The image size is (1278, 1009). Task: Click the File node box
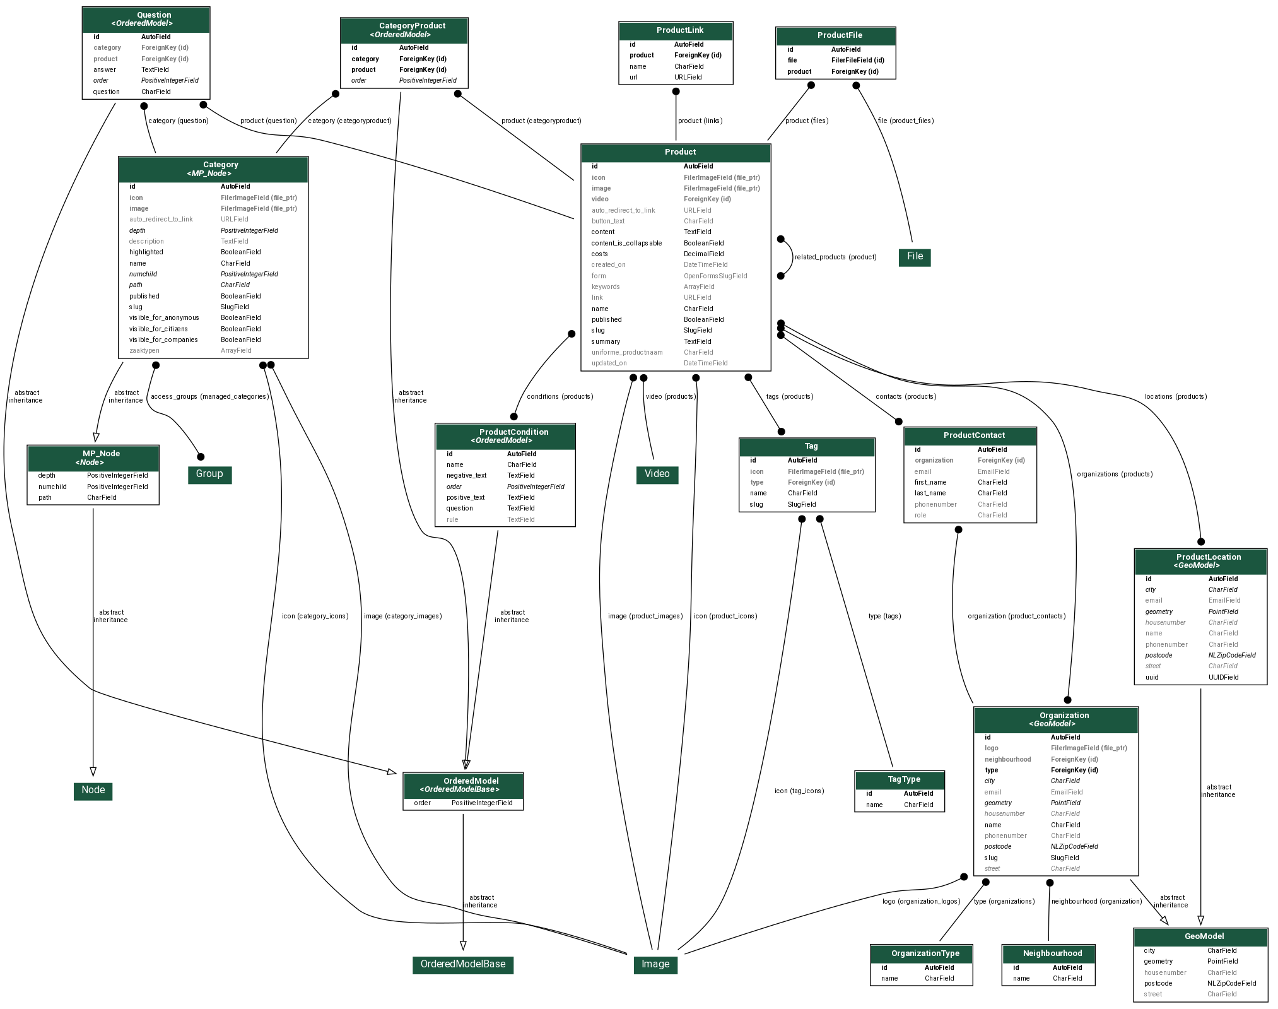[x=914, y=257]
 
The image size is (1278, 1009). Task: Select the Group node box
[x=209, y=475]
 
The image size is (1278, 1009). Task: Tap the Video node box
[x=657, y=475]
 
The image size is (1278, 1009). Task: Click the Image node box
[x=655, y=964]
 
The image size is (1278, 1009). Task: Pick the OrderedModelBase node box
[x=462, y=964]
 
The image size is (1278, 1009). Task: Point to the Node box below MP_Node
[x=93, y=791]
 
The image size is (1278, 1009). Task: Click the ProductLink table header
[x=676, y=31]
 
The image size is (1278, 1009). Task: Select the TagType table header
[x=899, y=780]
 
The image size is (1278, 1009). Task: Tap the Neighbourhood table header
[x=1048, y=953]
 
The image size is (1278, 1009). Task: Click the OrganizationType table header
[x=921, y=953]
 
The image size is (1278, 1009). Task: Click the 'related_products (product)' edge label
[x=835, y=257]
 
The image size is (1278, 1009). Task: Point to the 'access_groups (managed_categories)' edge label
[x=209, y=397]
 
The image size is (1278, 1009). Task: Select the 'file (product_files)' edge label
[x=905, y=121]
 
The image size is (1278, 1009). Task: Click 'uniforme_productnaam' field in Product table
[x=626, y=353]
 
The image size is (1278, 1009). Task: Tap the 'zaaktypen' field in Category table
[x=144, y=351]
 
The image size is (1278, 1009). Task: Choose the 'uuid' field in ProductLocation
[x=1152, y=678]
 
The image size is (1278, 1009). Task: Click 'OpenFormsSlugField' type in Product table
[x=715, y=276]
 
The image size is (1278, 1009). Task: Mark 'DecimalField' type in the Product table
[x=703, y=254]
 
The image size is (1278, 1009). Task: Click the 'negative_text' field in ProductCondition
[x=466, y=476]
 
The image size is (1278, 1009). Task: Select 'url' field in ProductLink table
[x=633, y=78]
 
